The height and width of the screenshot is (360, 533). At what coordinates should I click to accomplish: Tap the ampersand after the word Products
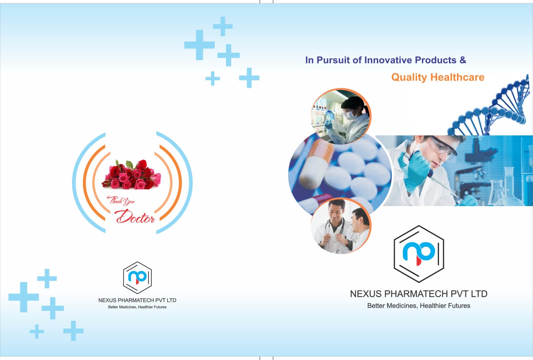pyautogui.click(x=463, y=60)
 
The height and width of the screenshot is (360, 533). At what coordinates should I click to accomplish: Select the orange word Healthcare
pyautogui.click(x=457, y=77)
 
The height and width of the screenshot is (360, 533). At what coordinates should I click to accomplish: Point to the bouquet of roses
pyautogui.click(x=132, y=175)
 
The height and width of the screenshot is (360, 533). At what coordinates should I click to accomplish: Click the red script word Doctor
pyautogui.click(x=135, y=216)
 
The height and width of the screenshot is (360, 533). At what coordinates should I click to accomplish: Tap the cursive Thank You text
pyautogui.click(x=121, y=201)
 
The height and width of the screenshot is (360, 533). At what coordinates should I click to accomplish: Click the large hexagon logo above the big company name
pyautogui.click(x=419, y=254)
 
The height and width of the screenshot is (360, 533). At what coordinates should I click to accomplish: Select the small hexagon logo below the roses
pyautogui.click(x=137, y=278)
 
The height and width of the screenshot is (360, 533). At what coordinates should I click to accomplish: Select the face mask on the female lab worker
pyautogui.click(x=349, y=115)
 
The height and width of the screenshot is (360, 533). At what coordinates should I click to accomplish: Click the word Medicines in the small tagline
pyautogui.click(x=127, y=307)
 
